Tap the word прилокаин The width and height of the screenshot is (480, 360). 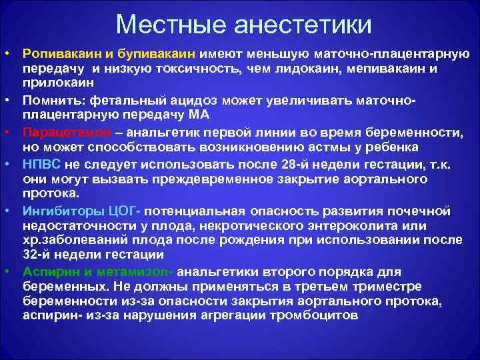(56, 82)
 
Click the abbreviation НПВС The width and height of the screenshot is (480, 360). (41, 162)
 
